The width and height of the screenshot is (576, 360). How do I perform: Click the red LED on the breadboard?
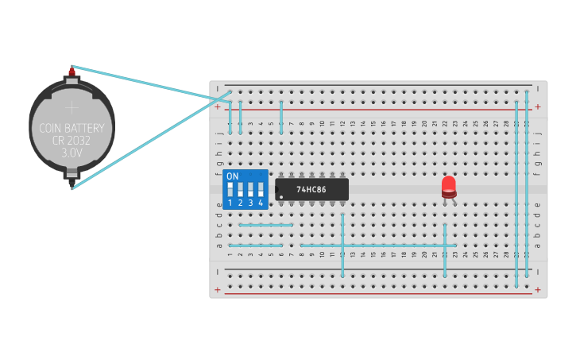click(x=449, y=185)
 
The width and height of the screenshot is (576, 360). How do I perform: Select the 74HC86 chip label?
click(x=311, y=189)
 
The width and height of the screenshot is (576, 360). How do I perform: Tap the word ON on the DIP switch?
click(x=232, y=176)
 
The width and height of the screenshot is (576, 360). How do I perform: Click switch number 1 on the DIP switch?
click(x=230, y=191)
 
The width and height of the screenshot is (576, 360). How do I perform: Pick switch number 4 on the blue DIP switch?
click(x=260, y=191)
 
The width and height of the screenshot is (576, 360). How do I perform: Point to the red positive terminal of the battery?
click(x=72, y=72)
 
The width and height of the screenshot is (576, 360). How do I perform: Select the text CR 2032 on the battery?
click(x=72, y=139)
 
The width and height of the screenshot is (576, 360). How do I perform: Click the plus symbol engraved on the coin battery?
click(x=72, y=107)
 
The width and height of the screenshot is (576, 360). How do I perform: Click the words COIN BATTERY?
click(x=72, y=127)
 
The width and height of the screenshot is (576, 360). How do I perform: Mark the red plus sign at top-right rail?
click(x=538, y=106)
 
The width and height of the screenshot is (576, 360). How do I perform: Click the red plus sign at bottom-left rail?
click(x=217, y=289)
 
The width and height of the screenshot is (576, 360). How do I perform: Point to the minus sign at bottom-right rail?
click(x=538, y=271)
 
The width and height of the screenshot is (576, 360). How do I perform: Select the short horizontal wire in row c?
click(x=265, y=225)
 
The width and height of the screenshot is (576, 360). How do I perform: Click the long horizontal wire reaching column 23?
click(x=377, y=246)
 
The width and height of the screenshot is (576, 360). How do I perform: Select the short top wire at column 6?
click(x=281, y=117)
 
